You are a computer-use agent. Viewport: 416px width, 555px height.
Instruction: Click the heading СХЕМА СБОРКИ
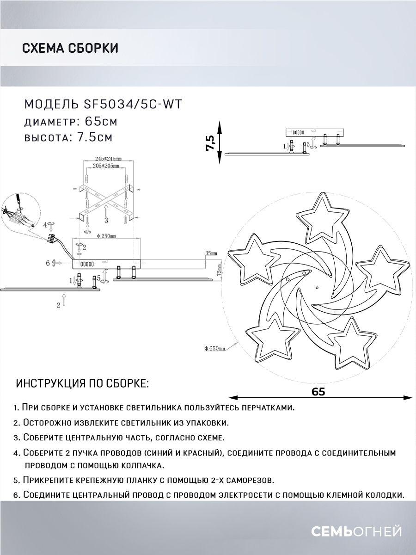coord(70,48)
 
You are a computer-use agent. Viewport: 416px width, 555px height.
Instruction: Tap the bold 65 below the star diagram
coord(318,391)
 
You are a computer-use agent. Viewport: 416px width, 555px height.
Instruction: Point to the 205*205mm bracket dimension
coord(106,165)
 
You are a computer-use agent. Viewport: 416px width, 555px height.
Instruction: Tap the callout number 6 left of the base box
coord(48,263)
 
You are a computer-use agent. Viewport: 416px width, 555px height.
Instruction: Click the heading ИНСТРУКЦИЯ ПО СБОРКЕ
coord(83,383)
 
